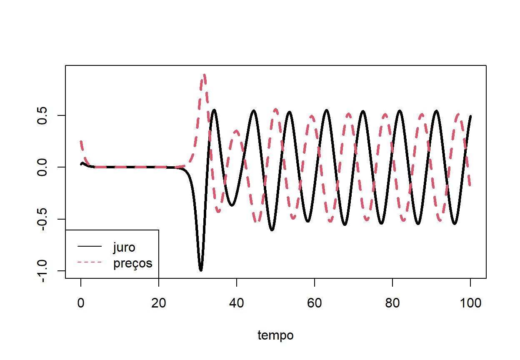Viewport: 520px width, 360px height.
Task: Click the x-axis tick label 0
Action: point(81,303)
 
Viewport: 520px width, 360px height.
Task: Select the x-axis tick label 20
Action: point(159,303)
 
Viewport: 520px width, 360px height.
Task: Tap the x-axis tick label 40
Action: point(237,303)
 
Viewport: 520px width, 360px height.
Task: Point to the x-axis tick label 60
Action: point(315,303)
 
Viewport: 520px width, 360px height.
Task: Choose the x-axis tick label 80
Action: point(392,303)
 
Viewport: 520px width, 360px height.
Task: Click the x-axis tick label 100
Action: point(470,303)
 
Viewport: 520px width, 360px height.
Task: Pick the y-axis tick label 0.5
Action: point(42,115)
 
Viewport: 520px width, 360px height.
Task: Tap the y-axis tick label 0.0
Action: point(42,167)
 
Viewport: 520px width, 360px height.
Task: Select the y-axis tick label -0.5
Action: point(42,219)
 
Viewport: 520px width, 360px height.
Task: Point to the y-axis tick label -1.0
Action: point(42,271)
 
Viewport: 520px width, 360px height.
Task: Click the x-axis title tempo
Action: point(275,335)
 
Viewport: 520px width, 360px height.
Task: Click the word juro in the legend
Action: point(124,247)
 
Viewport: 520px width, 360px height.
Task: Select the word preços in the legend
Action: point(133,263)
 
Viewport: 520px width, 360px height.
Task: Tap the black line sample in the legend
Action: point(90,247)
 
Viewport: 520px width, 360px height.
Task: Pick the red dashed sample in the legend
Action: point(90,262)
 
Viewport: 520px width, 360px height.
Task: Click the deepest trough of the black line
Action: point(201,270)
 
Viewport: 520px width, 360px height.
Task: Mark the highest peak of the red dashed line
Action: point(204,75)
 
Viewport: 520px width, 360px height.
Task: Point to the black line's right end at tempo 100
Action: point(470,117)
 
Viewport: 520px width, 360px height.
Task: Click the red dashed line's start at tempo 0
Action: point(81,142)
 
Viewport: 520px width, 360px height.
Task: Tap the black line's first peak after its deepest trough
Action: point(214,110)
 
